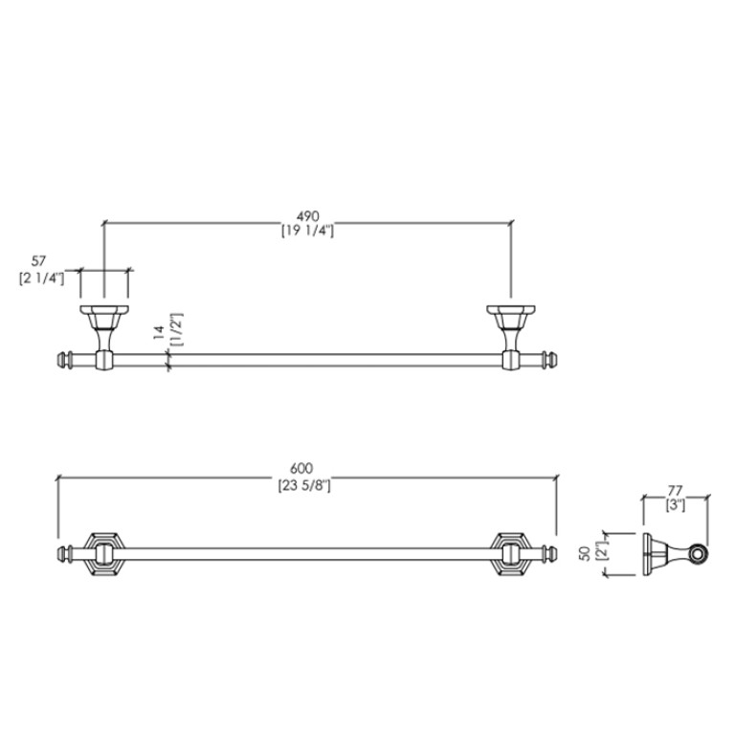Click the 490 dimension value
(307, 216)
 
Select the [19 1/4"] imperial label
(307, 231)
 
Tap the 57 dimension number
(39, 261)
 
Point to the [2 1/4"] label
(42, 278)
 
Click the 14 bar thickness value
(159, 332)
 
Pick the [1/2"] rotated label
(177, 329)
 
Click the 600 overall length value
(301, 468)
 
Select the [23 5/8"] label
(304, 485)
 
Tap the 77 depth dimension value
(675, 491)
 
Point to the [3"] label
(676, 505)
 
